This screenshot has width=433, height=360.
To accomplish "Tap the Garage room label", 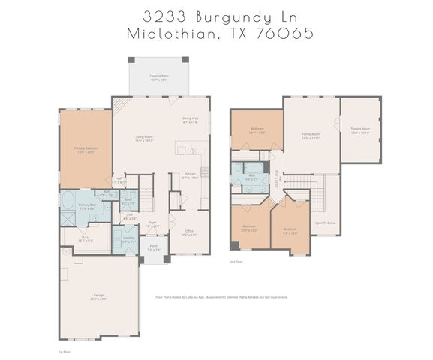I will pyautogui.click(x=98, y=297).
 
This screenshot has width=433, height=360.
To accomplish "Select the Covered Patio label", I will pyautogui.click(x=158, y=76).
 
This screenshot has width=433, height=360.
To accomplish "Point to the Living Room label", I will pyautogui.click(x=144, y=138).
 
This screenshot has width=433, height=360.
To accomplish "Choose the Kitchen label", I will pyautogui.click(x=189, y=176).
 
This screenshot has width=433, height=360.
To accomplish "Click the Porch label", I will pyautogui.click(x=153, y=247).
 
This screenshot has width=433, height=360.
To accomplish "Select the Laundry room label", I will pyautogui.click(x=129, y=239).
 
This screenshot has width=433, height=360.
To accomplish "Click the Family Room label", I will pyautogui.click(x=311, y=136).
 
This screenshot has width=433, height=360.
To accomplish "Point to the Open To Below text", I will pyautogui.click(x=325, y=223).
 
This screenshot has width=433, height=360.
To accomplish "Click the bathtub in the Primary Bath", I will pyautogui.click(x=68, y=201).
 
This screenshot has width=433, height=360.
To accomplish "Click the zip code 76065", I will pyautogui.click(x=284, y=34).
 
